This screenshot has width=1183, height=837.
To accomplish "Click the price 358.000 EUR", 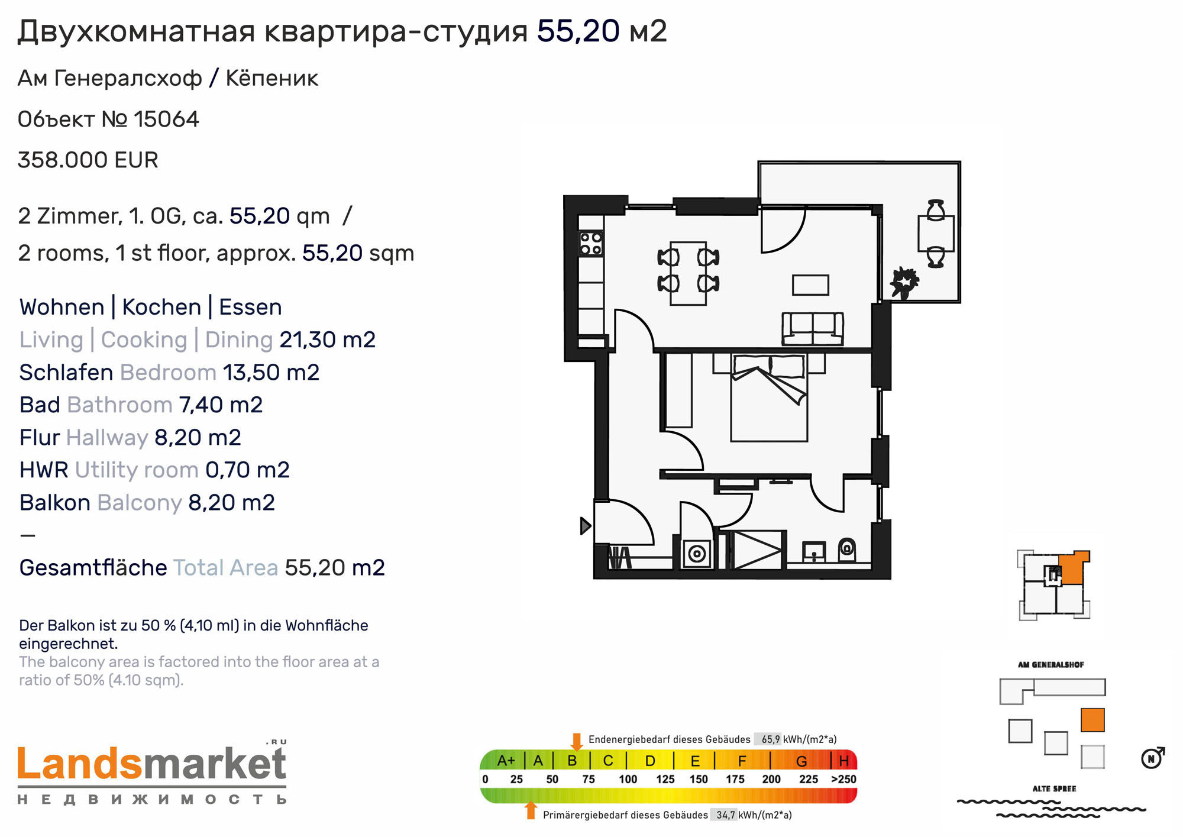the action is tap(88, 160).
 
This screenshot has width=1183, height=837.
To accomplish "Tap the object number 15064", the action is tap(166, 119).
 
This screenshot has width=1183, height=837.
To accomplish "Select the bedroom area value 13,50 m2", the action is tap(271, 373).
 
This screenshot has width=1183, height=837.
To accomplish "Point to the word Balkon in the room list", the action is tap(54, 503).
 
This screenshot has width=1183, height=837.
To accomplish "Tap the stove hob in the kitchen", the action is tap(590, 243).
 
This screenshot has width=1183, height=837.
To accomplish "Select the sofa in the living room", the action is tap(813, 329).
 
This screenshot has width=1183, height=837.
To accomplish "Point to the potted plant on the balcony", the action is tap(903, 282).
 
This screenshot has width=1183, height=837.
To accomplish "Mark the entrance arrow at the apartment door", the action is tap(586, 525).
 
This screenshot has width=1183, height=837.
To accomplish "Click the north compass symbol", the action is tap(1152, 758).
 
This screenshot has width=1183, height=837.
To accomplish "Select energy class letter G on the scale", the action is tap(801, 761).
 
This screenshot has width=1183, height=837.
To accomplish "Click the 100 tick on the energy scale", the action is tap(628, 779).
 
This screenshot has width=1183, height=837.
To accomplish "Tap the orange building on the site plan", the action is tap(1093, 720).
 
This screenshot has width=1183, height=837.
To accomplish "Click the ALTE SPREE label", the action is tap(1054, 788).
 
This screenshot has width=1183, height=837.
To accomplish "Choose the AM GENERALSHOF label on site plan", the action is tap(1051, 665).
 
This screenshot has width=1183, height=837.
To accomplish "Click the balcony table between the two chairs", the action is tap(936, 234).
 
